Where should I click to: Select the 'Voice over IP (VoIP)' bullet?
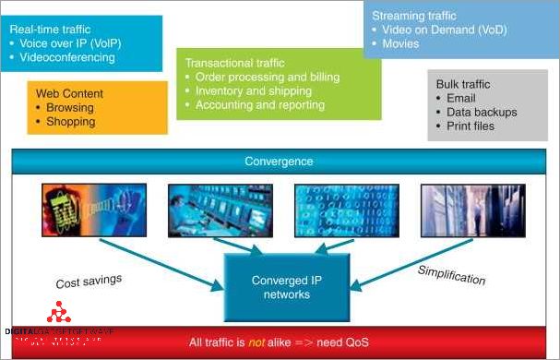72,43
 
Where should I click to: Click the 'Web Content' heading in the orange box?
69,94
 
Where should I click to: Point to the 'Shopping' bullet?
71,121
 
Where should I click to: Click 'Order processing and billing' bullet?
267,77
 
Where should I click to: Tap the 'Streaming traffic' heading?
414,16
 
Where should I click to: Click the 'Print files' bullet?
471,126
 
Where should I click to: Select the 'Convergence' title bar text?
279,162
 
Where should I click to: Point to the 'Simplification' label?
451,274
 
